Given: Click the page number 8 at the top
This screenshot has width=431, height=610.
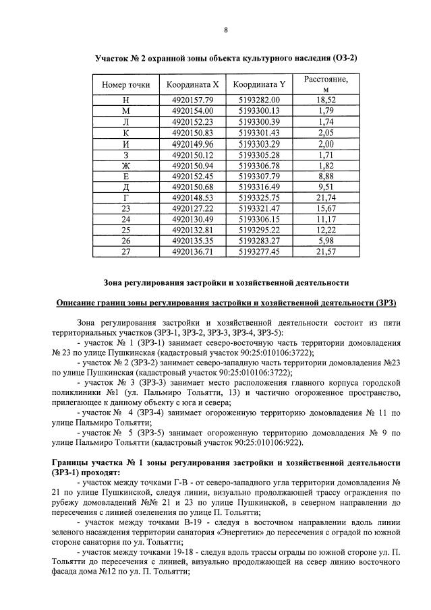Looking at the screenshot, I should (225, 30).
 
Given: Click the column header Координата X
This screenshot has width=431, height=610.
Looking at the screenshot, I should (192, 85).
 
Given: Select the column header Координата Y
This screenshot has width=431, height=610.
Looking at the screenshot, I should (259, 85).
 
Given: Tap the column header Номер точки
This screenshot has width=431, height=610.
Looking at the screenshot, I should (125, 85).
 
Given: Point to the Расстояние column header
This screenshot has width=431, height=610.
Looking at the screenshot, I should (326, 84).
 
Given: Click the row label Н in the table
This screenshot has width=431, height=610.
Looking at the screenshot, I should (125, 100).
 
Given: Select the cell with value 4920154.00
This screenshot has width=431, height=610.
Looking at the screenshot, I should (192, 111).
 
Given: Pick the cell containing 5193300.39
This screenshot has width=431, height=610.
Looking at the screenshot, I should (259, 121).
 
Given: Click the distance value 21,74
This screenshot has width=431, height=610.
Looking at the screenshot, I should (326, 197).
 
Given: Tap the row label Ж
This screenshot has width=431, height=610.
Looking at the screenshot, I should (125, 165).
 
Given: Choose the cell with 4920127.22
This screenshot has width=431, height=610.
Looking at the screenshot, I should (192, 209).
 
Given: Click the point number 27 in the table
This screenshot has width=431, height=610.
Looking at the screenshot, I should (125, 252).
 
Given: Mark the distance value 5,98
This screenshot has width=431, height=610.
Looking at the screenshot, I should (326, 241).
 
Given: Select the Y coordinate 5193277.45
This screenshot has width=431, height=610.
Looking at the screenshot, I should (259, 252).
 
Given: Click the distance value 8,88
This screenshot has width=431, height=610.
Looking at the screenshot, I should (326, 176).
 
